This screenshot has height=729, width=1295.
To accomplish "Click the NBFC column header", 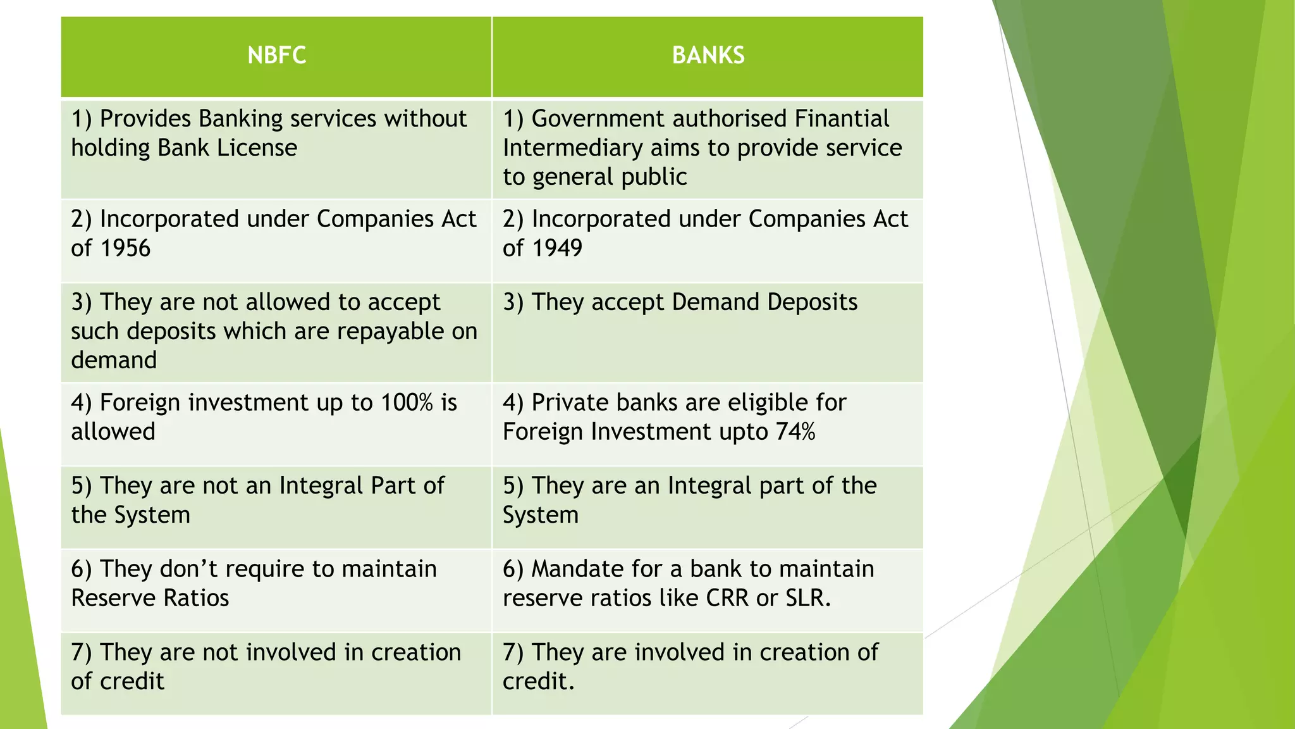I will [276, 56].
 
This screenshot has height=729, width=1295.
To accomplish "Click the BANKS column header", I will [708, 56].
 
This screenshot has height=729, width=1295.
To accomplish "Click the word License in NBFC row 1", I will [257, 148].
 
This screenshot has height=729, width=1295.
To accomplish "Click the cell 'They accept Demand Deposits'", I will [680, 302].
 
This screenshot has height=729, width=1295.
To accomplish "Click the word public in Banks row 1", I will [653, 177].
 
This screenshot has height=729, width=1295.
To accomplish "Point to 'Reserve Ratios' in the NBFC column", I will [150, 598].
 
